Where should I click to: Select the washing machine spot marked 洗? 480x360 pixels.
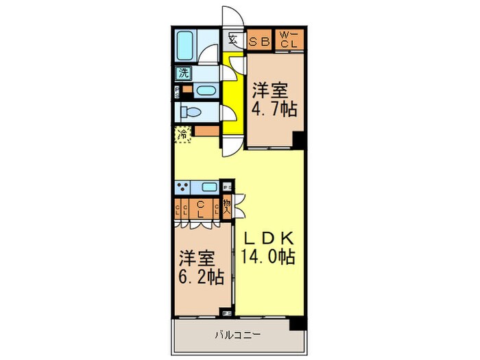[x=184, y=73]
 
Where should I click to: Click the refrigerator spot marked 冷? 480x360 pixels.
[x=183, y=135]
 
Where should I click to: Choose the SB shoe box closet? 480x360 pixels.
[x=260, y=40]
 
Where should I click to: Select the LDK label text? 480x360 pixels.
[x=267, y=238]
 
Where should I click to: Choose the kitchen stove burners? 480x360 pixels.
[x=184, y=186]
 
